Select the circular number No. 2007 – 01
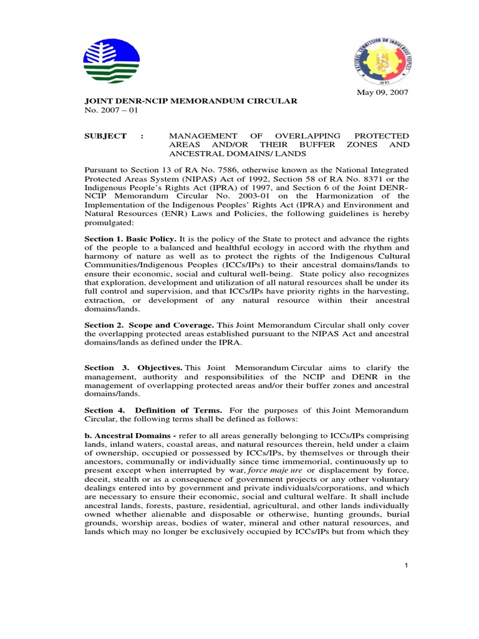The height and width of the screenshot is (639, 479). (112, 110)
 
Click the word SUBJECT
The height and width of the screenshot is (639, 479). (105, 136)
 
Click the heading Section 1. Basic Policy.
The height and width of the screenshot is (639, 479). (130, 239)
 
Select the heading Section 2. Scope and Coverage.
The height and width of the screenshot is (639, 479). (149, 325)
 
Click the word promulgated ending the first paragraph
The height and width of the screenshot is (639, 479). (113, 222)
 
